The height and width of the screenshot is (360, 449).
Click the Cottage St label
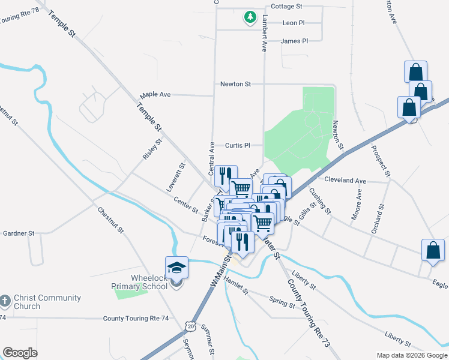(286, 6)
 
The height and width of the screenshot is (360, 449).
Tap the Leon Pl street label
(294, 23)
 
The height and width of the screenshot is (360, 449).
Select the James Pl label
(294, 41)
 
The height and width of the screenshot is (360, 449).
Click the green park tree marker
(250, 17)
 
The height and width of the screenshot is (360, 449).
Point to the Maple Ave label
(155, 95)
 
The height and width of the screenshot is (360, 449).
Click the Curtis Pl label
(237, 145)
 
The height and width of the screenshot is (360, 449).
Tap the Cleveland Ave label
(345, 180)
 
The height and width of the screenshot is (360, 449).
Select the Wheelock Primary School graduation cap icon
(177, 267)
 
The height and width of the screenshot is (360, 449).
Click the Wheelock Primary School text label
(149, 282)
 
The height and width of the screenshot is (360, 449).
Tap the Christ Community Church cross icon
(5, 300)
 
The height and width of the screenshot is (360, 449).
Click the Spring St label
(282, 301)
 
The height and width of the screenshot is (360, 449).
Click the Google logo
(20, 353)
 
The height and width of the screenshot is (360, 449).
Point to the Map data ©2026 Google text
(411, 355)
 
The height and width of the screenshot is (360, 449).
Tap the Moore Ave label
(359, 205)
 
